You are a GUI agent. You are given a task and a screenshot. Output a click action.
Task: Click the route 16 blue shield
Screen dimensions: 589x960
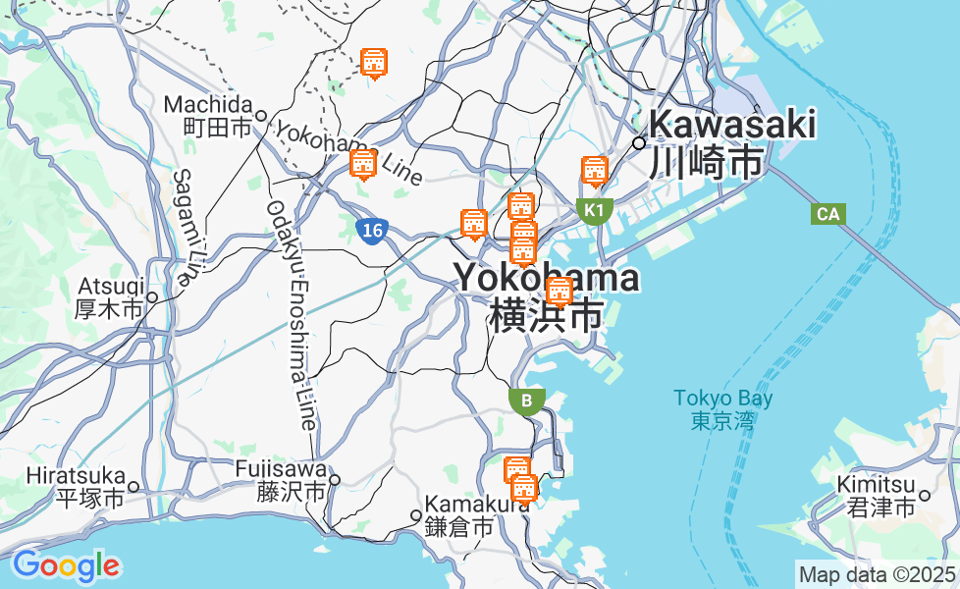click(x=370, y=231)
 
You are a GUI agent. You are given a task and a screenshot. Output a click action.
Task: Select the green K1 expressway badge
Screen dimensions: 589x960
click(x=594, y=210)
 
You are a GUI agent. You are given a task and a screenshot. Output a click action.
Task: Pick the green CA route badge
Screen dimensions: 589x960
click(x=829, y=214)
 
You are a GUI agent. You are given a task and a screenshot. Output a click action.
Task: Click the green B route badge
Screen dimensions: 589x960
click(x=527, y=401)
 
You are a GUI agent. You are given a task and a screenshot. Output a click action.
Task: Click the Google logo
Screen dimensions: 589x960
click(x=66, y=565)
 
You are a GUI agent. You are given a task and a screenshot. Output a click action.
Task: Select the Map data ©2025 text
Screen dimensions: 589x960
click(x=877, y=574)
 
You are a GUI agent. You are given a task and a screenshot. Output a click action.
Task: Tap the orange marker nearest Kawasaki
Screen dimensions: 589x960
click(x=594, y=172)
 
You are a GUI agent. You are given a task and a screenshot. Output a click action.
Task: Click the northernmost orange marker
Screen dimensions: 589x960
click(x=373, y=63)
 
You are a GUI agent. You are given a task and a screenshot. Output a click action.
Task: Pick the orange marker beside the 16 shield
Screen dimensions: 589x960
click(x=363, y=163)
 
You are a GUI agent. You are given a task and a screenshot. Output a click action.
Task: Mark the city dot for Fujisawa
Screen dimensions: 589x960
click(x=335, y=480)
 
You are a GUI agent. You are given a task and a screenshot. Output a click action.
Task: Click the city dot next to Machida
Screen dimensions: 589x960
click(x=261, y=116)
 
